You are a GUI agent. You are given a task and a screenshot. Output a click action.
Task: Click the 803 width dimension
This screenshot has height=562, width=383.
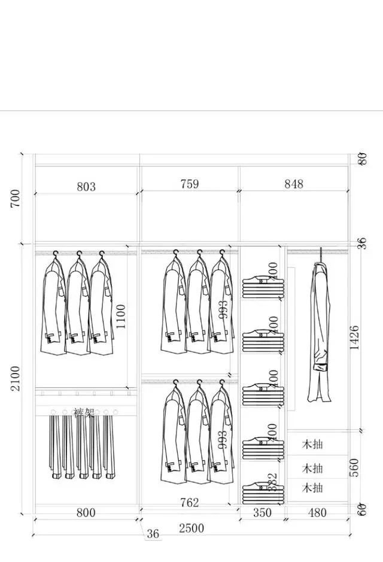[x=86, y=187]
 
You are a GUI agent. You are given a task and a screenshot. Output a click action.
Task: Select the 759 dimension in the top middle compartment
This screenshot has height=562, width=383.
[x=189, y=184]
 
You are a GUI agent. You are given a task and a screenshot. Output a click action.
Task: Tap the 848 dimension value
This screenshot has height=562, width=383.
[x=294, y=184]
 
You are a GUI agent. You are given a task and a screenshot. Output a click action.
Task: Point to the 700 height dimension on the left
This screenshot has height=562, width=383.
[x=16, y=199]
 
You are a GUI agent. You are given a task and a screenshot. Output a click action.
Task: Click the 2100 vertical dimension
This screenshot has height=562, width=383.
[x=16, y=378]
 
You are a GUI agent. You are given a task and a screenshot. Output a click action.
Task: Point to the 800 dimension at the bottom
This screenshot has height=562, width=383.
[x=86, y=513]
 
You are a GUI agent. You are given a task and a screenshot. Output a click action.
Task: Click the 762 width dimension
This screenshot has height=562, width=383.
[x=189, y=503]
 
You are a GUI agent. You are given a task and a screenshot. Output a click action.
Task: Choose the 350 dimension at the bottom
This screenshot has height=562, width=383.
[x=262, y=513]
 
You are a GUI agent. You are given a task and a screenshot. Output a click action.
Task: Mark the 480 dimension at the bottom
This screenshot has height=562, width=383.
[x=317, y=513]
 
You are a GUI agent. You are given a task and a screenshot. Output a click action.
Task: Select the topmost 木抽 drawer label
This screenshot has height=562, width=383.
[x=312, y=445]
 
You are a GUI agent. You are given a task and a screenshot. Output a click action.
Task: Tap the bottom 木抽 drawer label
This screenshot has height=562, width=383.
[x=312, y=488]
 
